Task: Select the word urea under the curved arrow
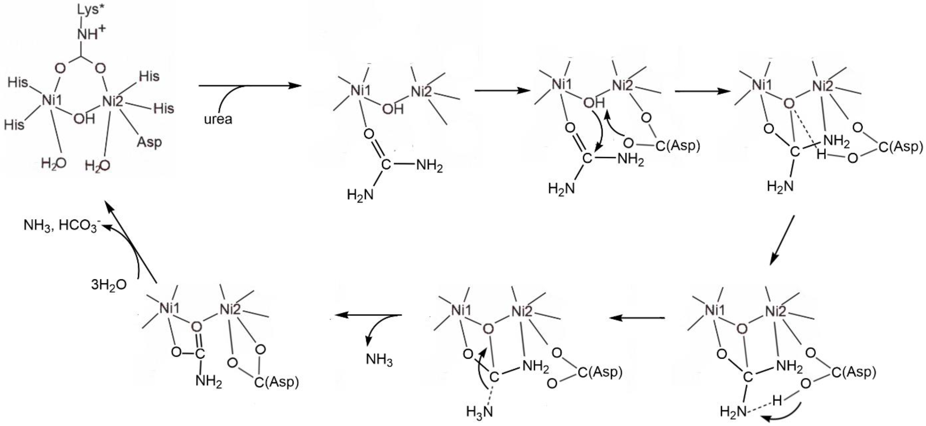(x=218, y=119)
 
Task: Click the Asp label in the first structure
(x=149, y=142)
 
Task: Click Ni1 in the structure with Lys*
(x=52, y=100)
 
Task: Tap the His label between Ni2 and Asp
(x=164, y=108)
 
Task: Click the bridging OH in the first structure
(x=84, y=118)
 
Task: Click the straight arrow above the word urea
(x=250, y=86)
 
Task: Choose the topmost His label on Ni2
(x=149, y=76)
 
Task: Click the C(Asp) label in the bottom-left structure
(x=276, y=382)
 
